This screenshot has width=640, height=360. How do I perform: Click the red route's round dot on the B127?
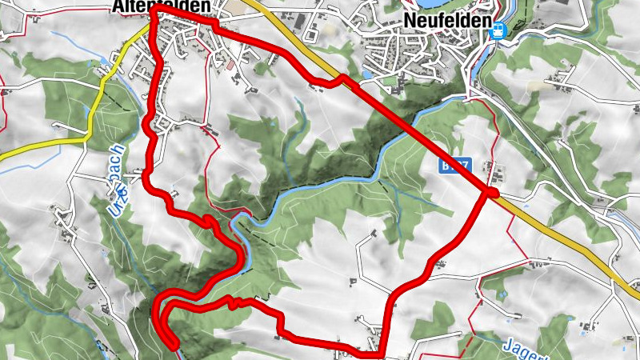[x=491, y=193]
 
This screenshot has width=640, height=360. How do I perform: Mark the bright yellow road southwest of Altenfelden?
[x=48, y=144]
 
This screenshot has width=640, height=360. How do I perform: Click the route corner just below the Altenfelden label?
[x=152, y=13]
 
